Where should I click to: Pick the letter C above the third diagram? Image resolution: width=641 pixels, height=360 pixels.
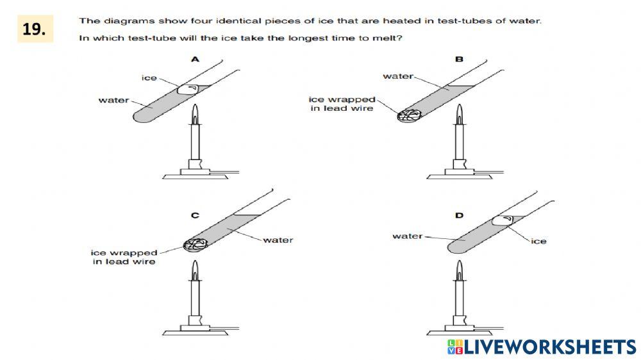[x=195, y=216]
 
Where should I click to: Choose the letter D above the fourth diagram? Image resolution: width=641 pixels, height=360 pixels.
[x=459, y=216]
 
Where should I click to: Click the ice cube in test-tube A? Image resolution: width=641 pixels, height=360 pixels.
[x=190, y=89]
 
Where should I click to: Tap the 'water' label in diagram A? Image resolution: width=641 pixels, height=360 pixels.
[x=113, y=100]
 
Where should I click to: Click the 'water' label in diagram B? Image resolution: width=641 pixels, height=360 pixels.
[x=398, y=76]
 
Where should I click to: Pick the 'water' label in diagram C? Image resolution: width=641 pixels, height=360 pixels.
[x=278, y=240]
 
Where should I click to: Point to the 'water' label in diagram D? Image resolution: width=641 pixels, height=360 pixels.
[x=408, y=236]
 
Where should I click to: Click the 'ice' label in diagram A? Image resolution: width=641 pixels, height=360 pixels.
[x=149, y=78]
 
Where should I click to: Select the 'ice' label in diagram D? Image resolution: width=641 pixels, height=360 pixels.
[x=538, y=241]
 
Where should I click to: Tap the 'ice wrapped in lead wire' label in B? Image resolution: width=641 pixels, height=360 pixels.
[x=341, y=104]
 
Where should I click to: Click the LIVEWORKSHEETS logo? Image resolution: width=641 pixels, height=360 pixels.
[x=542, y=347]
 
